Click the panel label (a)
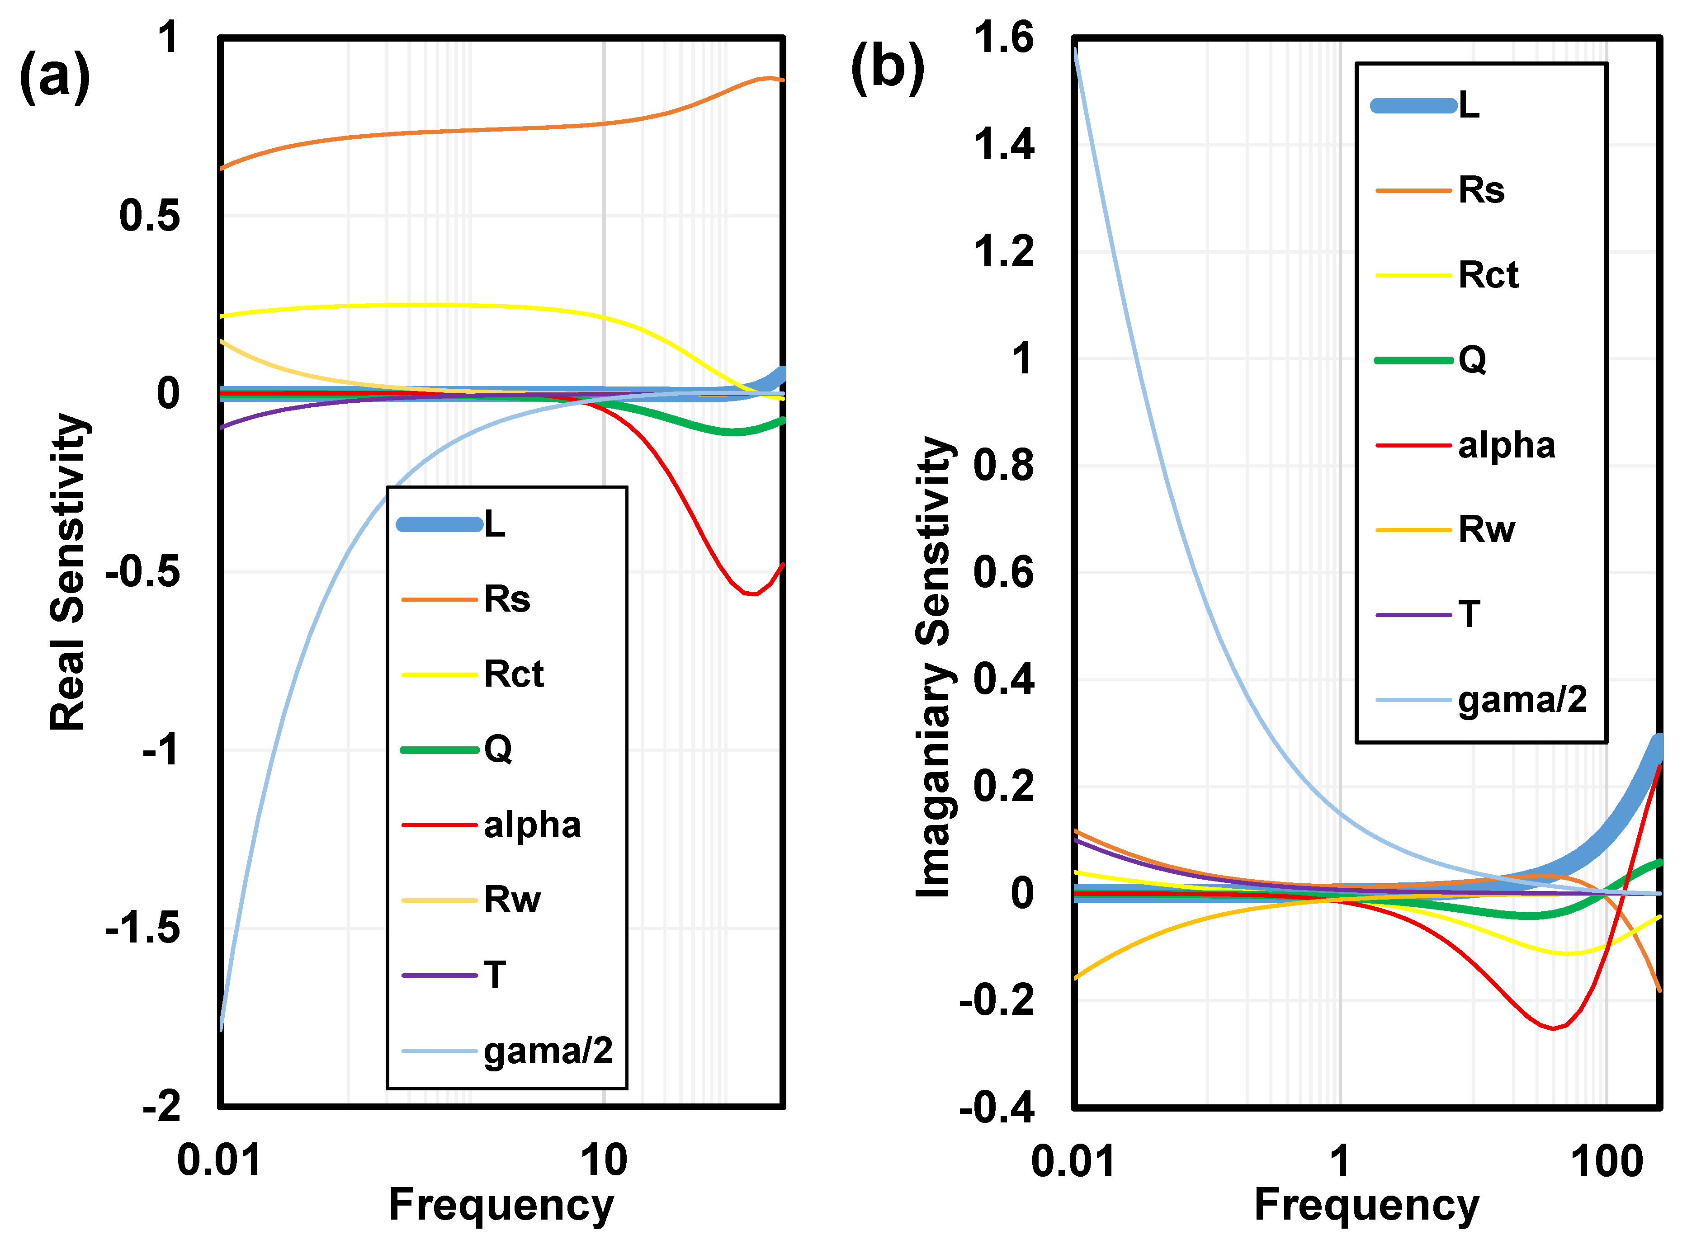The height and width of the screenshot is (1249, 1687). tap(54, 76)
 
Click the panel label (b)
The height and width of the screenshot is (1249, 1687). tap(888, 68)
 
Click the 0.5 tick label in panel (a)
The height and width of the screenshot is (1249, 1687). tap(150, 216)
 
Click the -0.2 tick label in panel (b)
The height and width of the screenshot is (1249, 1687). tap(997, 1000)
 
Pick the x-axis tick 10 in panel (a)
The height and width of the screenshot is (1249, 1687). tap(604, 1160)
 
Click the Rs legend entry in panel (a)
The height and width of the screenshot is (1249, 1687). tap(466, 599)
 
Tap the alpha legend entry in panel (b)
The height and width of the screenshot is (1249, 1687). tap(1465, 444)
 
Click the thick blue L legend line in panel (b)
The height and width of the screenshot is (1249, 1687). tap(1414, 106)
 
